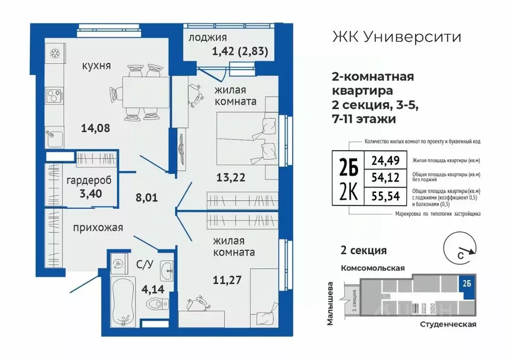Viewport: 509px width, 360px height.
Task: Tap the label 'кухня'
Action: point(96,66)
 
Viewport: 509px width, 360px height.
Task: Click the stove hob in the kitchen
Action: point(53,94)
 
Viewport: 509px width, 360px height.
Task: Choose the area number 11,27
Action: point(227,279)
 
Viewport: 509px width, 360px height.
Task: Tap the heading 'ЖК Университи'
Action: point(396,37)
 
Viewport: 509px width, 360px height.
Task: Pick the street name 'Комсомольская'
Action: point(372,268)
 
